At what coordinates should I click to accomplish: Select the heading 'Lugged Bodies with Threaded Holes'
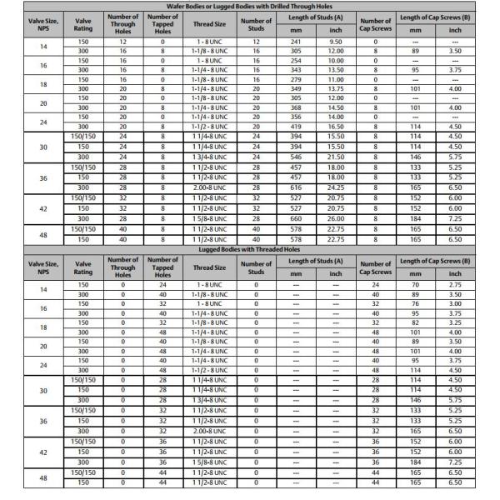(249, 248)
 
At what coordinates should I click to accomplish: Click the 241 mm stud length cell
(295, 40)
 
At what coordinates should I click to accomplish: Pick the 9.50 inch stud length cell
(336, 40)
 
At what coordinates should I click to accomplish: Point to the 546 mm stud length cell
(295, 156)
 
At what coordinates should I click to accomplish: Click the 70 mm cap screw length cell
(414, 284)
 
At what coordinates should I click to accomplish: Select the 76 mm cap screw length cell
(414, 304)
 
